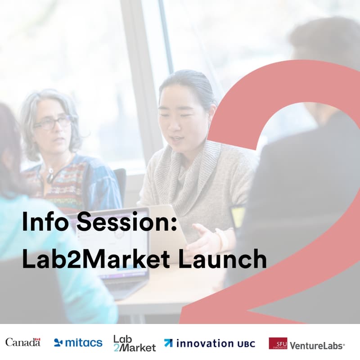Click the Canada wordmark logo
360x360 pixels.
(x=22, y=342)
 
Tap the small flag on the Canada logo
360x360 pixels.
(x=38, y=339)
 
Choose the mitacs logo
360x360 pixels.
(x=78, y=343)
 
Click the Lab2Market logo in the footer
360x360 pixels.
(x=134, y=343)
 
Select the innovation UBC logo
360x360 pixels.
(x=209, y=343)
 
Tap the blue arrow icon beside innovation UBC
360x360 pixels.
(x=168, y=343)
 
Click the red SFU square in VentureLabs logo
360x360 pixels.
(x=278, y=343)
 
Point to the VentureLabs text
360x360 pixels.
(x=317, y=346)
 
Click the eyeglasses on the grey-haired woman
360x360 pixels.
(x=53, y=123)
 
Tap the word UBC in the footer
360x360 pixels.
(x=246, y=344)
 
